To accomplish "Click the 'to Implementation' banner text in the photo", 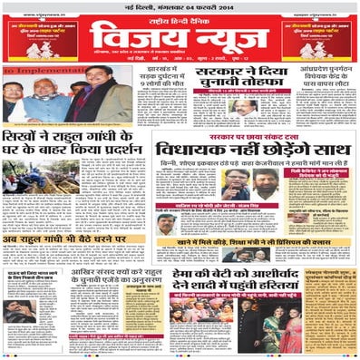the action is pyautogui.click(x=36, y=71).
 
